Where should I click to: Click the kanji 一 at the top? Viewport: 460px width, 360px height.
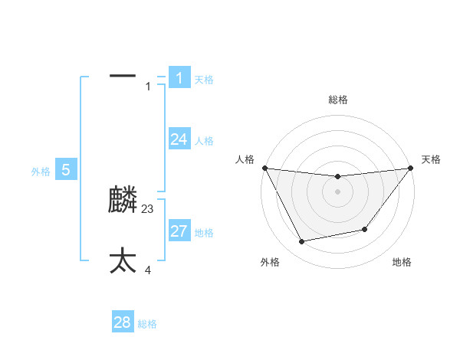pyautogui.click(x=123, y=76)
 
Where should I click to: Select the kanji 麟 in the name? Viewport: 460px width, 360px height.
pyautogui.click(x=123, y=201)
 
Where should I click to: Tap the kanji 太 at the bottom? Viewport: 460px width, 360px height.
pyautogui.click(x=123, y=260)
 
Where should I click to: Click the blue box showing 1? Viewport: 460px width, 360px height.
pyautogui.click(x=179, y=77)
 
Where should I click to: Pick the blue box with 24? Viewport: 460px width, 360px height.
pyautogui.click(x=179, y=139)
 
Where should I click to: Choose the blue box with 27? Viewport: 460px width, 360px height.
pyautogui.click(x=179, y=231)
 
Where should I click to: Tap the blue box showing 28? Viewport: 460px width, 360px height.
pyautogui.click(x=123, y=322)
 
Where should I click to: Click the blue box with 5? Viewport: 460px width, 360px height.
pyautogui.click(x=66, y=169)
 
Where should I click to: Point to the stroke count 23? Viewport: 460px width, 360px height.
pyautogui.click(x=148, y=208)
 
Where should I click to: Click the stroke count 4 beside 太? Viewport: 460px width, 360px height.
pyautogui.click(x=148, y=270)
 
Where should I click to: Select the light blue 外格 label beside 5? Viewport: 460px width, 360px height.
pyautogui.click(x=41, y=172)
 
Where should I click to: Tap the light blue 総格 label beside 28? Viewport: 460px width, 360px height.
pyautogui.click(x=147, y=324)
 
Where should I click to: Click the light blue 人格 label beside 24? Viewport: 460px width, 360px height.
pyautogui.click(x=204, y=141)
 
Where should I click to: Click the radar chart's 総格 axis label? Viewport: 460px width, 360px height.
pyautogui.click(x=337, y=100)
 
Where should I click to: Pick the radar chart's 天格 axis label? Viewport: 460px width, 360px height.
pyautogui.click(x=432, y=159)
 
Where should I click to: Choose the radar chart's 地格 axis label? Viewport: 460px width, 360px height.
pyautogui.click(x=402, y=262)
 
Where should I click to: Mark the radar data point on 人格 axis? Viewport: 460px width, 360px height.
pyautogui.click(x=264, y=168)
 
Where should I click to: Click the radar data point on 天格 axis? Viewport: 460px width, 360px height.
pyautogui.click(x=410, y=168)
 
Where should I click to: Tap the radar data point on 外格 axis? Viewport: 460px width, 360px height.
pyautogui.click(x=301, y=242)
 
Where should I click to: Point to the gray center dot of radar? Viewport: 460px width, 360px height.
pyautogui.click(x=337, y=191)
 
